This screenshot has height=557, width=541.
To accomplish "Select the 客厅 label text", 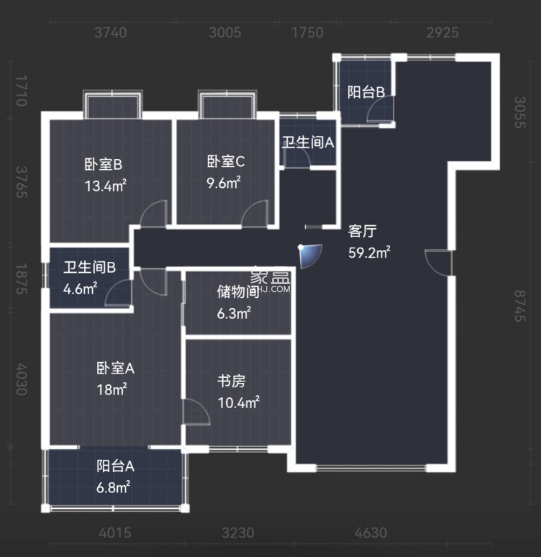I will pos(362,231).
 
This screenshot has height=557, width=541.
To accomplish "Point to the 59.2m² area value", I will pos(370,253).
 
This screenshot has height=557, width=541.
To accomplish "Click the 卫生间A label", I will pos(308,143).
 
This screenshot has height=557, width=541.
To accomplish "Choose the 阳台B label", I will pos(366,92).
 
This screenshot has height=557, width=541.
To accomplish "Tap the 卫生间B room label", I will pos(89,268).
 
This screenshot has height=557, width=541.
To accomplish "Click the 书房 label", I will pos(232,381).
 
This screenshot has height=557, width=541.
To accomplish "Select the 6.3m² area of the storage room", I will pos(234,313).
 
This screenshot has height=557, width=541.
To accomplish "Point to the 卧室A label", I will pos(115,369).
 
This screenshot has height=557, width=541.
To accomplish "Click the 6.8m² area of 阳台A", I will pos(113,487).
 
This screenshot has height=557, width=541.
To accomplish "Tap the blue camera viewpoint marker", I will pos(310,256).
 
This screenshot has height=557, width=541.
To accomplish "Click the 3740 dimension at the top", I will pos(110,33).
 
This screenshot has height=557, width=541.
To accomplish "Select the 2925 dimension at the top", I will pos(441,33).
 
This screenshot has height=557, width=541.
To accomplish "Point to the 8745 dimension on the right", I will pos(519,306).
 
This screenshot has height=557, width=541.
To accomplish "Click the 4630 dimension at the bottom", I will pos(371,533).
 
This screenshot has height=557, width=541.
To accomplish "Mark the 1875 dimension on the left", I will pos(21,279).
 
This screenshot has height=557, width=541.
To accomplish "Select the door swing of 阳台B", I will pos(379,112).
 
